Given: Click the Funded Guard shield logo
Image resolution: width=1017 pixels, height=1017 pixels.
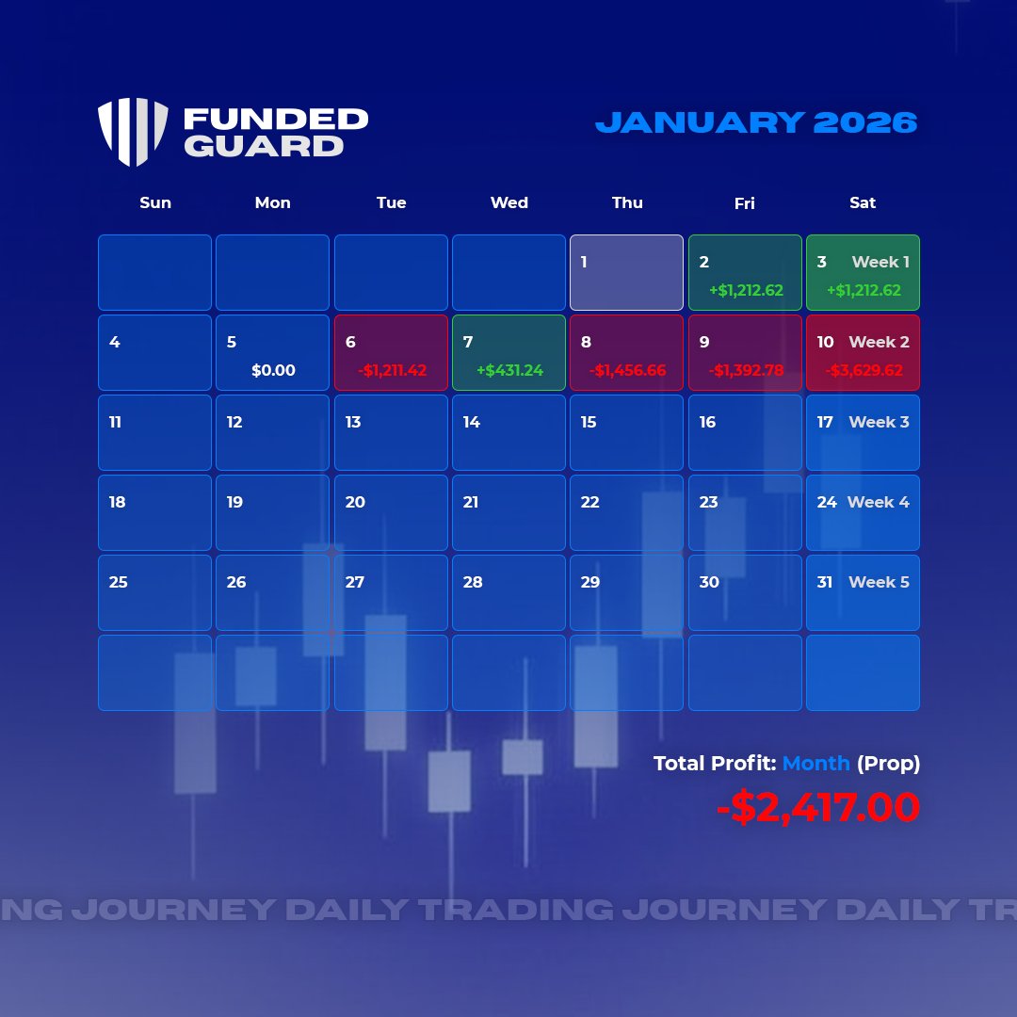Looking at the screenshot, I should tap(133, 132).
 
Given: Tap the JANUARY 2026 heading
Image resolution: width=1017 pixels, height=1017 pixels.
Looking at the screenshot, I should tap(756, 122).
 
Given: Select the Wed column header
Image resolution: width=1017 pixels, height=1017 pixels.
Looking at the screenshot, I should tap(509, 202).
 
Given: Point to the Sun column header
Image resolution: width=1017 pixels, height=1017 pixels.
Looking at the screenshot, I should tap(155, 202).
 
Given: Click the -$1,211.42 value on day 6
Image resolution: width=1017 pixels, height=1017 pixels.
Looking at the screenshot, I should tap(392, 371).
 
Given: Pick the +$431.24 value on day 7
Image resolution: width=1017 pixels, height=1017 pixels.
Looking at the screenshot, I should tap(509, 371).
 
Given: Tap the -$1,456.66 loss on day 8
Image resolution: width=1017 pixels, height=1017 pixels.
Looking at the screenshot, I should tap(627, 371).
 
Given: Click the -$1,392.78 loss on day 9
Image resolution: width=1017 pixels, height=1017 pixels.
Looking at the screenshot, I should tap(746, 371).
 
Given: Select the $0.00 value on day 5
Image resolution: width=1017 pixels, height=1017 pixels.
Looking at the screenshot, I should tap(273, 371).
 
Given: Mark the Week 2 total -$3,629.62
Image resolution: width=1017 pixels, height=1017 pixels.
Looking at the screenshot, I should tap(864, 371).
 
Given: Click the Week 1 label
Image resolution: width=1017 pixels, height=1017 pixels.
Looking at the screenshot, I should tap(880, 263).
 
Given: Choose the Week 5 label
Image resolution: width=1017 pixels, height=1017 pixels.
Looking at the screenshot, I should tap(879, 583).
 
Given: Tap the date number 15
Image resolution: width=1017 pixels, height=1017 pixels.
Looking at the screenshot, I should tap(589, 423).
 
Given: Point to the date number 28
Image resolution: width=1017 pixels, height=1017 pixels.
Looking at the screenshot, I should tap(473, 583).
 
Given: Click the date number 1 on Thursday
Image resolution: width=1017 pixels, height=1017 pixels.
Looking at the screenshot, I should tap(584, 263).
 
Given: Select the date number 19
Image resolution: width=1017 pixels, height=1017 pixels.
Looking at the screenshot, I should tap(234, 503).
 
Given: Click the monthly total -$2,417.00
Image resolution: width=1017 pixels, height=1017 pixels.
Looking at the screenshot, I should tap(817, 808).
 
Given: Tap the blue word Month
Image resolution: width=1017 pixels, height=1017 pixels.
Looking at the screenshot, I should tap(815, 764).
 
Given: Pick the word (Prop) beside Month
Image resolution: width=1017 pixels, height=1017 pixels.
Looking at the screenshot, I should tap(888, 764).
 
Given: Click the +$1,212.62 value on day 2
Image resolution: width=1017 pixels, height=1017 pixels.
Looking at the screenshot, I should tap(746, 291).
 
